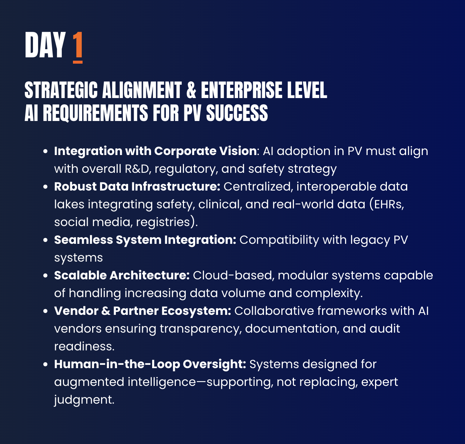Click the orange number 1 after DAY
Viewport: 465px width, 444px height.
tap(78, 47)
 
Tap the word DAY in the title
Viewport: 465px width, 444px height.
tap(45, 45)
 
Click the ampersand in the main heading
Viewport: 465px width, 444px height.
tap(191, 90)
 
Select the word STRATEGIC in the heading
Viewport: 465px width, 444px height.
tap(61, 90)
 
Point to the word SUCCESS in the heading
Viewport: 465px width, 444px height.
tap(237, 113)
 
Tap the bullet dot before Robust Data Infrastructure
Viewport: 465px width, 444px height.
tap(46, 187)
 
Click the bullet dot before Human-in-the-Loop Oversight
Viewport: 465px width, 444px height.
tap(46, 364)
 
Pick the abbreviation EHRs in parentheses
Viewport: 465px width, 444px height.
tap(389, 205)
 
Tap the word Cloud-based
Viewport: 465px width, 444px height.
tap(232, 275)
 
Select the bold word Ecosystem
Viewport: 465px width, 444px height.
tap(196, 311)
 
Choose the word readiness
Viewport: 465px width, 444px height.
tap(84, 347)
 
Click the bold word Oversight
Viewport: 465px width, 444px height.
tap(215, 364)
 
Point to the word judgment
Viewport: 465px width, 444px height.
tap(84, 400)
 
